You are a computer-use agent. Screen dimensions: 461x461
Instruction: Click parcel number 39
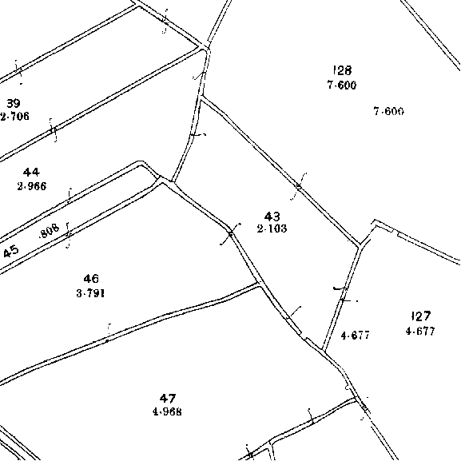tap(14, 104)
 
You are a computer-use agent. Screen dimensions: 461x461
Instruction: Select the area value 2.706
tap(14, 117)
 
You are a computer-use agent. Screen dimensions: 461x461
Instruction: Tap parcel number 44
tap(31, 172)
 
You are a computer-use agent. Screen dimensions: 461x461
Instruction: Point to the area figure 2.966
tap(32, 186)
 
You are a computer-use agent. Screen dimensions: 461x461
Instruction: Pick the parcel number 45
tap(11, 252)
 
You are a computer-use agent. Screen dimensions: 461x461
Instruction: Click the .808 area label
tap(49, 231)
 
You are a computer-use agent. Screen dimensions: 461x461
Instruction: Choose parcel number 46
tap(91, 279)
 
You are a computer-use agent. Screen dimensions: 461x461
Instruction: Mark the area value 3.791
tap(90, 293)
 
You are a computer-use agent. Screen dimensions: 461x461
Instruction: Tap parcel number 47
tap(168, 399)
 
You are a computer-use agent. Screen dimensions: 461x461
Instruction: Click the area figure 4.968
tap(167, 411)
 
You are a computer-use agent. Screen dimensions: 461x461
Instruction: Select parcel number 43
tap(272, 217)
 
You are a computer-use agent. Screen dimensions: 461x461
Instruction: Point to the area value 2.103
tap(272, 229)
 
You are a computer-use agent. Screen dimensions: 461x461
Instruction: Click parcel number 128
tap(343, 70)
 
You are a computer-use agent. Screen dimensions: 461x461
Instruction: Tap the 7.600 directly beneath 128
tap(342, 85)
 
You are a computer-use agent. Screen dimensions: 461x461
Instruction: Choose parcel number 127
tap(421, 316)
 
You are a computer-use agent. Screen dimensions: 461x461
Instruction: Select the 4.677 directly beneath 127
tap(420, 332)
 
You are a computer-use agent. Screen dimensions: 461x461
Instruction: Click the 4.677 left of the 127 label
tap(356, 336)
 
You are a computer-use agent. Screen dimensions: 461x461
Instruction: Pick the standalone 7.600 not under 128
tap(389, 111)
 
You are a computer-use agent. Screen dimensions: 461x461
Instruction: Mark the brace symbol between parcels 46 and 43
tap(230, 233)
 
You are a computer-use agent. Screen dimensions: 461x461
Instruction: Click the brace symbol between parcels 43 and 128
tap(299, 186)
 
